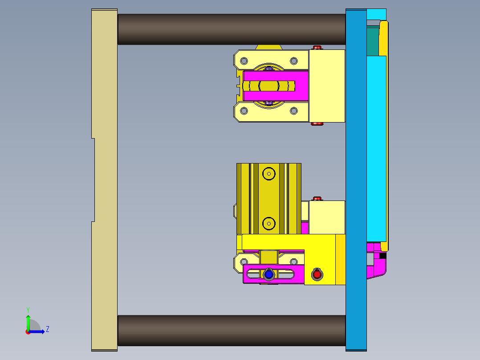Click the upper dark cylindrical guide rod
coord(232,29)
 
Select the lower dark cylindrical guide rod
coord(232,331)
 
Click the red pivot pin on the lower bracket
coord(317,274)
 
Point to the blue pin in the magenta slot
coord(268,274)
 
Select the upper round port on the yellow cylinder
coord(269,173)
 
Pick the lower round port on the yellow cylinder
coord(269,223)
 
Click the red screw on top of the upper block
coord(317,47)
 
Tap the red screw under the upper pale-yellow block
coord(317,124)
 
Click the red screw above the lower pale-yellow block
coord(317,198)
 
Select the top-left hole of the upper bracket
coord(244,61)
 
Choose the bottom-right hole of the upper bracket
coord(293,110)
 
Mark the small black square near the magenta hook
coord(382,256)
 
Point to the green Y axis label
coord(28,309)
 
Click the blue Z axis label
coord(47,329)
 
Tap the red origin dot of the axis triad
coord(28,332)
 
